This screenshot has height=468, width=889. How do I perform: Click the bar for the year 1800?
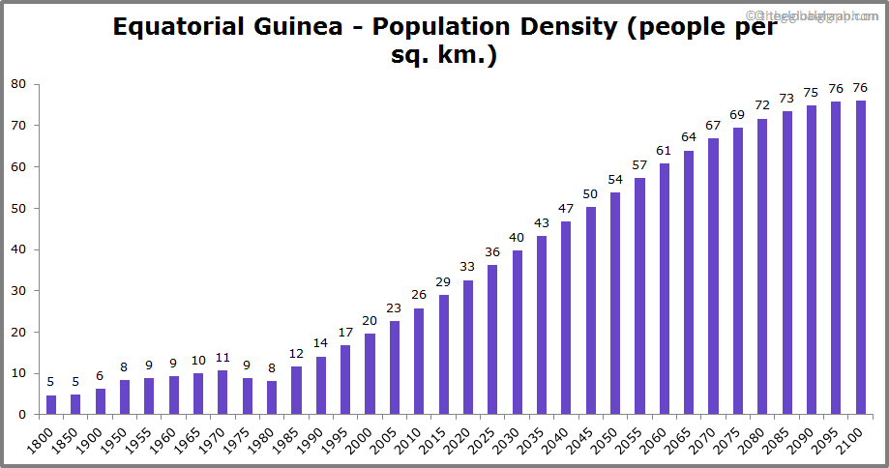(x=51, y=404)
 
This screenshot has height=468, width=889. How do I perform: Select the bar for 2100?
(x=860, y=257)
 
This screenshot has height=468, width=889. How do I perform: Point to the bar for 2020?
(x=468, y=347)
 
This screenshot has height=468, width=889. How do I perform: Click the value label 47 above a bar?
(x=566, y=208)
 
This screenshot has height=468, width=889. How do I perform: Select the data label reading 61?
(x=664, y=150)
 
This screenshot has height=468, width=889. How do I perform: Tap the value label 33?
(x=468, y=266)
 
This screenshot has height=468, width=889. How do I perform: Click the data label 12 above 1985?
(x=296, y=353)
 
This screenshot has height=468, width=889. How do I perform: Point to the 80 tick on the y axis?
(x=18, y=84)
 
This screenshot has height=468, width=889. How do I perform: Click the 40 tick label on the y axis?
(x=18, y=249)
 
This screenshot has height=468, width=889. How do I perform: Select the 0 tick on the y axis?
(x=22, y=415)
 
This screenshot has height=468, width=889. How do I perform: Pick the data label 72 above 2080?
(x=762, y=104)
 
